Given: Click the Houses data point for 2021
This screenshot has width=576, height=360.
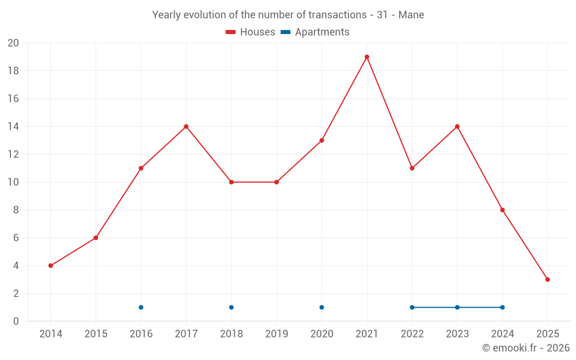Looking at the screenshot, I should pos(367,57).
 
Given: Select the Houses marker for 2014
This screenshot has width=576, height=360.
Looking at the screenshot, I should pos(51,266).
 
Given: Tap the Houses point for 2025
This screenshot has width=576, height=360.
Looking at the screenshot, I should pos(547,279).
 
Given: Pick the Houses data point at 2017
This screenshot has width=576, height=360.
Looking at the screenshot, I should pos(186,127).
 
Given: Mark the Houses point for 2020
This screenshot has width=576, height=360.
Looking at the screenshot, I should pos(321,141).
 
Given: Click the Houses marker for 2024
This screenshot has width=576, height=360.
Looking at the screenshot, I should pos(502,210).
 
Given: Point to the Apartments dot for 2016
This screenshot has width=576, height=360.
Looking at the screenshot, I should pos(141,307).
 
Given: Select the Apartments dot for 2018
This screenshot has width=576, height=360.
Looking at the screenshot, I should pos(231,307).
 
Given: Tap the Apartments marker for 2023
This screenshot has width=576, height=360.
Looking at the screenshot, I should pos(457,307).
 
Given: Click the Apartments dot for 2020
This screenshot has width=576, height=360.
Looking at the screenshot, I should pos(321,307).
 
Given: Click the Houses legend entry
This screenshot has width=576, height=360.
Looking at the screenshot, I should pos(251,32).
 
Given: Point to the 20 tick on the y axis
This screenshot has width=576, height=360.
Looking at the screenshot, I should pos(13,43).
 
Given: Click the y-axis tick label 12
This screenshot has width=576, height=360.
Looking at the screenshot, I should pos(13,154).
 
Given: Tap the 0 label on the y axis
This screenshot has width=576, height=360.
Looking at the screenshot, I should pos(16,321).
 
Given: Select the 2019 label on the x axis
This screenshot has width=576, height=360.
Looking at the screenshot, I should pos(276,334).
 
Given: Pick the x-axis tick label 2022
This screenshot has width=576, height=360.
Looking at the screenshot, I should pos(412,334).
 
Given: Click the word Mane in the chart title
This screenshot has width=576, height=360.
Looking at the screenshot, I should pos(411,15).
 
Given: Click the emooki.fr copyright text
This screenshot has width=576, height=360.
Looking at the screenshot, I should pos(525,348).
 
